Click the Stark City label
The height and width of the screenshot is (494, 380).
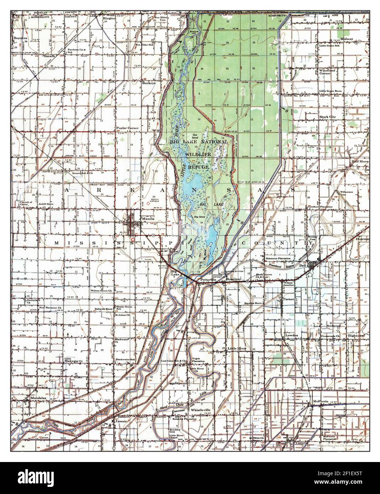pos(328,117)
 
